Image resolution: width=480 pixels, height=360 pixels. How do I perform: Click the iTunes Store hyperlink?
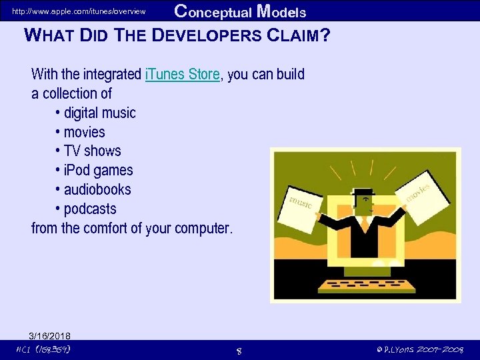tap(181, 75)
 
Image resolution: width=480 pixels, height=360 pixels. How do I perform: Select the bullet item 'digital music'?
tap(99, 113)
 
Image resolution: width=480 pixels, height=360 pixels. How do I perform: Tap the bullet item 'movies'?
tap(84, 132)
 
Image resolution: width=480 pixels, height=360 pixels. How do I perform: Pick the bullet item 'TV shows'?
tap(92, 151)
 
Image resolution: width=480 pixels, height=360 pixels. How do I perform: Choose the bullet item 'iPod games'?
tap(98, 171)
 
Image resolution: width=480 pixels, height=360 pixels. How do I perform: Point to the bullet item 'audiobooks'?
tap(97, 190)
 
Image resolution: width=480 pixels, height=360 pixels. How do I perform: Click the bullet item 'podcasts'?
tap(90, 209)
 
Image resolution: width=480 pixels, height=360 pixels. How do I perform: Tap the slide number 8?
tap(239, 351)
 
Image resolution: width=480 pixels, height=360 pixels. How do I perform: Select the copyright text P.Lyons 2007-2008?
tap(419, 350)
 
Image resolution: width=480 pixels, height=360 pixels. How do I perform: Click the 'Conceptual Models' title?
tap(240, 11)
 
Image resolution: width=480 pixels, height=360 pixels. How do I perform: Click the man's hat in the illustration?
tap(363, 194)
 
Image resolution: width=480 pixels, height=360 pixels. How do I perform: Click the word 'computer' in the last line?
tap(202, 229)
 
